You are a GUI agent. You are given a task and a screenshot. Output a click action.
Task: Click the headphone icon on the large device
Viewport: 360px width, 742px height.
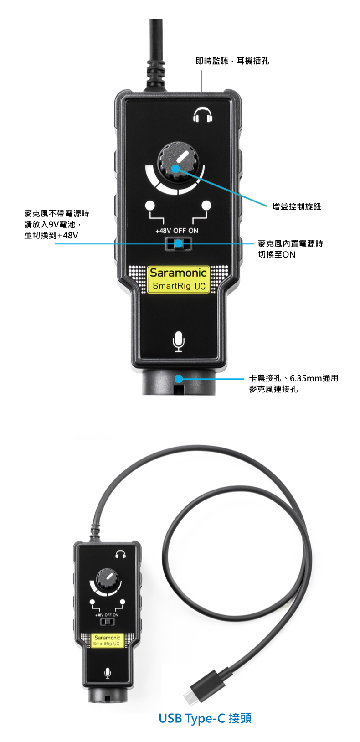pos(203,115)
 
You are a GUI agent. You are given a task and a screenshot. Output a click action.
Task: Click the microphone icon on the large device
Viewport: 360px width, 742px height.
pos(179,342)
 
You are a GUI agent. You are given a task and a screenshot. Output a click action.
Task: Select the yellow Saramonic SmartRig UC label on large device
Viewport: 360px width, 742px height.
pos(178,279)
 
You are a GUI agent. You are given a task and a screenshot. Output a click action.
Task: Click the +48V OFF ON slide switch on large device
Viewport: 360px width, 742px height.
pos(179,244)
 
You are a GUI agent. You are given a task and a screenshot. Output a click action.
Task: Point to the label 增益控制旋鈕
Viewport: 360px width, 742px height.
pos(297,207)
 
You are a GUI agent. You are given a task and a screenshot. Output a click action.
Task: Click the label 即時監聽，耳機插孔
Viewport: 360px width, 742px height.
pos(232,61)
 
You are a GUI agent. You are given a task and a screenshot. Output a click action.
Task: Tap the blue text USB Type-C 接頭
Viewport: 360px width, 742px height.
pos(205,718)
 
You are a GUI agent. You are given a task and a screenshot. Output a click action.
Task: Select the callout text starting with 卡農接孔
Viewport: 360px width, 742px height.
pos(293,383)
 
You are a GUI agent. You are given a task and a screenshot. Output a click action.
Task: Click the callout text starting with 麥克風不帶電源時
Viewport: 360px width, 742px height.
pos(57,224)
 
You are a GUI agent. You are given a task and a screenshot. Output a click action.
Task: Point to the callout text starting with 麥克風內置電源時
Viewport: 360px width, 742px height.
pos(290,249)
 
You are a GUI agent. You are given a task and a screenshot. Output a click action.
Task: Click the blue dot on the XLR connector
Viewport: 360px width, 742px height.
pos(179,379)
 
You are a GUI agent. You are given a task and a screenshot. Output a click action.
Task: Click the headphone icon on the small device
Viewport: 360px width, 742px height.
pos(120,554)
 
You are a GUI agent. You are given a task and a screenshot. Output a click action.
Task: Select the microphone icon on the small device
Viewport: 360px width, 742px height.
pos(108,673)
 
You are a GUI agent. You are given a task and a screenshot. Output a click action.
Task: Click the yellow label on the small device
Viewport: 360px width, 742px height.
pos(107,640)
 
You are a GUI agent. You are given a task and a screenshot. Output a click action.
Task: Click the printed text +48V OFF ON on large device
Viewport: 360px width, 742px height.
pos(177,231)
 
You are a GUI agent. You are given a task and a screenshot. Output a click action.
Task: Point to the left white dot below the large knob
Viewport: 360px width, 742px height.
pos(150,206)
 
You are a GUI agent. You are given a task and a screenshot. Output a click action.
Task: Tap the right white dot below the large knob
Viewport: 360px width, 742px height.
pos(206,206)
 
